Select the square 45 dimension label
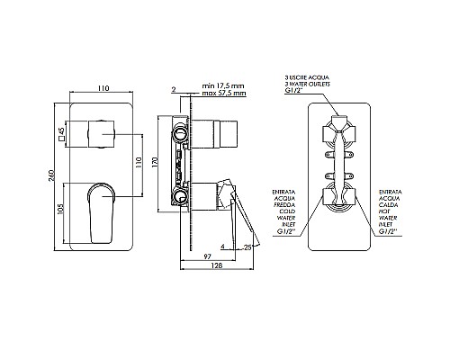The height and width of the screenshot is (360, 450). tap(62, 134)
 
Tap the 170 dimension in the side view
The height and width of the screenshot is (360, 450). tap(156, 162)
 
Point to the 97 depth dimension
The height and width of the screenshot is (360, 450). tap(208, 256)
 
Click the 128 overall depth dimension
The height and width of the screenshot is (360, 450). tap(217, 265)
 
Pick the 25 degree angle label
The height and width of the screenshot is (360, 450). tap(247, 247)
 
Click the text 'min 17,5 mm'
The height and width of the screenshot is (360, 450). tap(223, 86)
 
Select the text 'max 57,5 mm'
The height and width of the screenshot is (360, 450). tap(224, 93)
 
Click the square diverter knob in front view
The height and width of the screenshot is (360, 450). tap(102, 134)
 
